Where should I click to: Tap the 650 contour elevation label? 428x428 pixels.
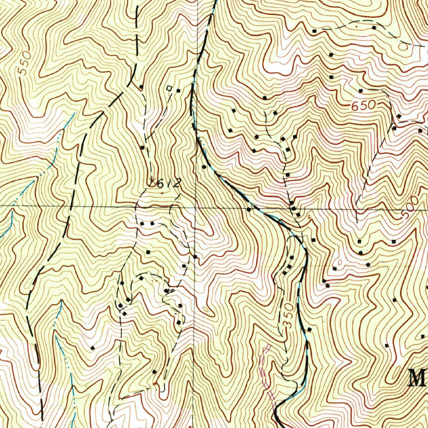tap(363, 106)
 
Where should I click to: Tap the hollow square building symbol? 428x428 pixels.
tap(169, 88)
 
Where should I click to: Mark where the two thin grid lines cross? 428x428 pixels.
tap(196, 206)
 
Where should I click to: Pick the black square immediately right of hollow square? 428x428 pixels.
tap(178, 90)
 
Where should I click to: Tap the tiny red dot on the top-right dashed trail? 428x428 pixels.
tap(356, 25)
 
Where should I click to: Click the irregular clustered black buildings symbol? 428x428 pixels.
tap(170, 290)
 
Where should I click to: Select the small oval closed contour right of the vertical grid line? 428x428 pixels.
tap(205, 310)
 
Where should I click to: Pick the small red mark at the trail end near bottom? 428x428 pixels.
tap(156, 382)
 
